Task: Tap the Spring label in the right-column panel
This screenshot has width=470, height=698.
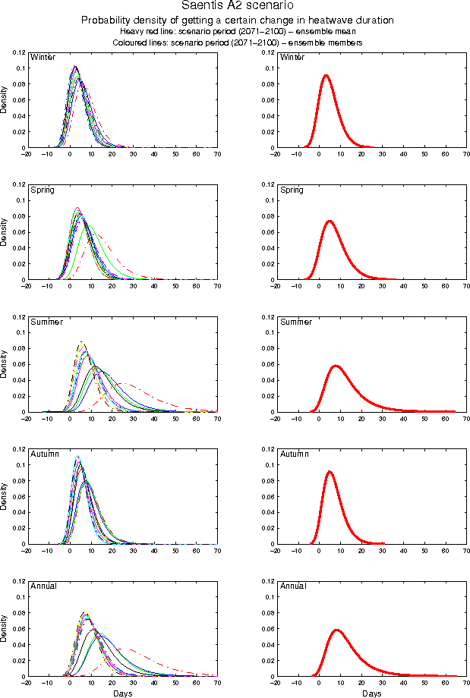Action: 292,190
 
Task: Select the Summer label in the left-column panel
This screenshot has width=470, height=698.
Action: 44,322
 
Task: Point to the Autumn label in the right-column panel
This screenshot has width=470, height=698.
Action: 293,454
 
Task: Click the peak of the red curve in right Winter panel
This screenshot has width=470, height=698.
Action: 326,75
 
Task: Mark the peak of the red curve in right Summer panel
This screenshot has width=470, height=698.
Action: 336,366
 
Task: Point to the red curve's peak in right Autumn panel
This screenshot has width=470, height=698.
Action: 329,472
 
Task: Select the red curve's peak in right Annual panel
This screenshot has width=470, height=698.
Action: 336,630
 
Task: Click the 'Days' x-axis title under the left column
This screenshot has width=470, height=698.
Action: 122,693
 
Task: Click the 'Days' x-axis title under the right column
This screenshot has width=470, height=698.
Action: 371,693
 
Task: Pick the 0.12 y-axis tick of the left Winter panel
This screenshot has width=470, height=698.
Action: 17,52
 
